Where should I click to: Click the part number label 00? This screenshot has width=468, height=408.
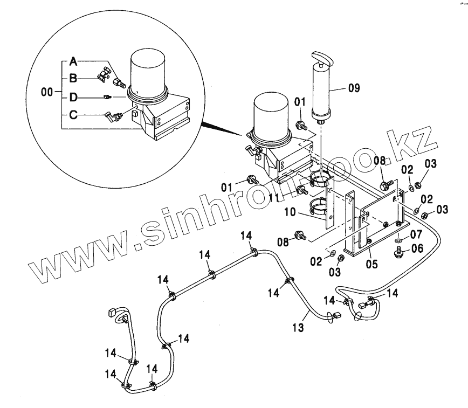coord(47,92)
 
